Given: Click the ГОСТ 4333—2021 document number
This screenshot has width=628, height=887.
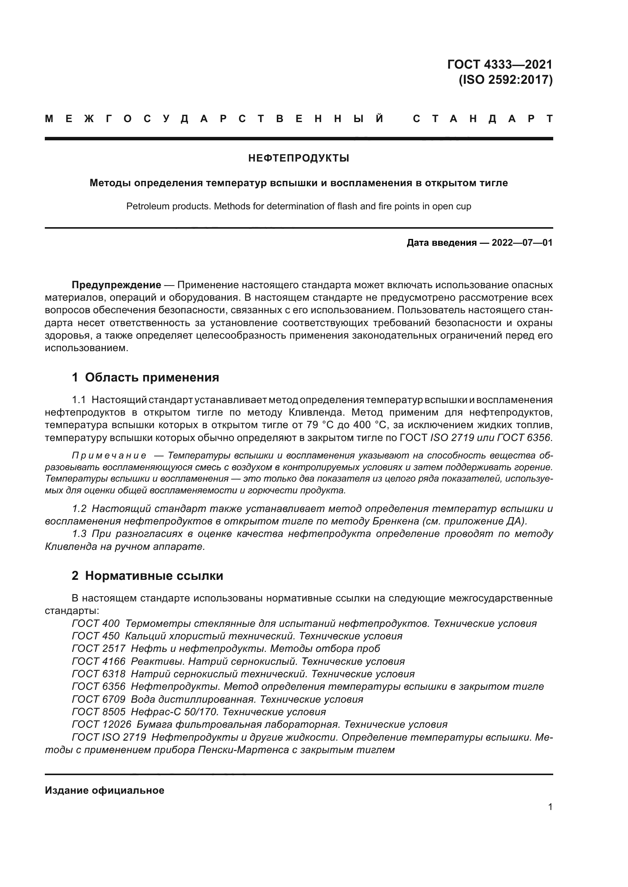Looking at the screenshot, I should click(x=500, y=64).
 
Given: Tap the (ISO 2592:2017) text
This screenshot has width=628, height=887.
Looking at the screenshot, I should click(x=505, y=80).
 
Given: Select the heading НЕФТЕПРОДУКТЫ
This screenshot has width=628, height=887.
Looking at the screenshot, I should click(x=298, y=158).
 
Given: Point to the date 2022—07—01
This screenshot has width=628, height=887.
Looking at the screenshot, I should click(x=522, y=243).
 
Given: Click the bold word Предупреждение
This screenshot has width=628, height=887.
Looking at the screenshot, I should click(x=117, y=285).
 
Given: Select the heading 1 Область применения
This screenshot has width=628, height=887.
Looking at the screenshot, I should click(x=145, y=377).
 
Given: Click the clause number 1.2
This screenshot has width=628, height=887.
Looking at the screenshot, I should click(x=79, y=509).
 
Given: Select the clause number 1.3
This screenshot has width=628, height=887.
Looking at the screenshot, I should click(x=79, y=534).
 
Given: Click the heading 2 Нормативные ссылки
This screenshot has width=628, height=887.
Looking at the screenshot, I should click(x=147, y=576).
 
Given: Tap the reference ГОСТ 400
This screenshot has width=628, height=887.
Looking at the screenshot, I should click(x=96, y=623).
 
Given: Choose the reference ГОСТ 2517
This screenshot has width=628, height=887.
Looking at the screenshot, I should click(x=99, y=648).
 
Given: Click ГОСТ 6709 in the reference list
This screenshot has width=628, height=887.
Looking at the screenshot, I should click(x=99, y=699).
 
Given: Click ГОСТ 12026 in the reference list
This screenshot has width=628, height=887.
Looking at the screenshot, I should click(x=101, y=724).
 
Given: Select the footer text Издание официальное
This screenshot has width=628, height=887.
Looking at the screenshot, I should click(x=104, y=790).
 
